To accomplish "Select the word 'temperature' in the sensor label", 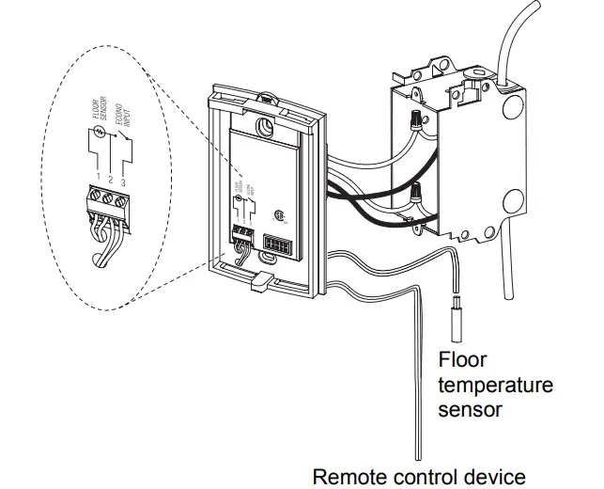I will pos(496,386).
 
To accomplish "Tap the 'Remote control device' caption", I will pos(419,476).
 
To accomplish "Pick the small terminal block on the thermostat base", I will pos(242,232).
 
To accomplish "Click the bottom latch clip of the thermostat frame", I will pos(259,279).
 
